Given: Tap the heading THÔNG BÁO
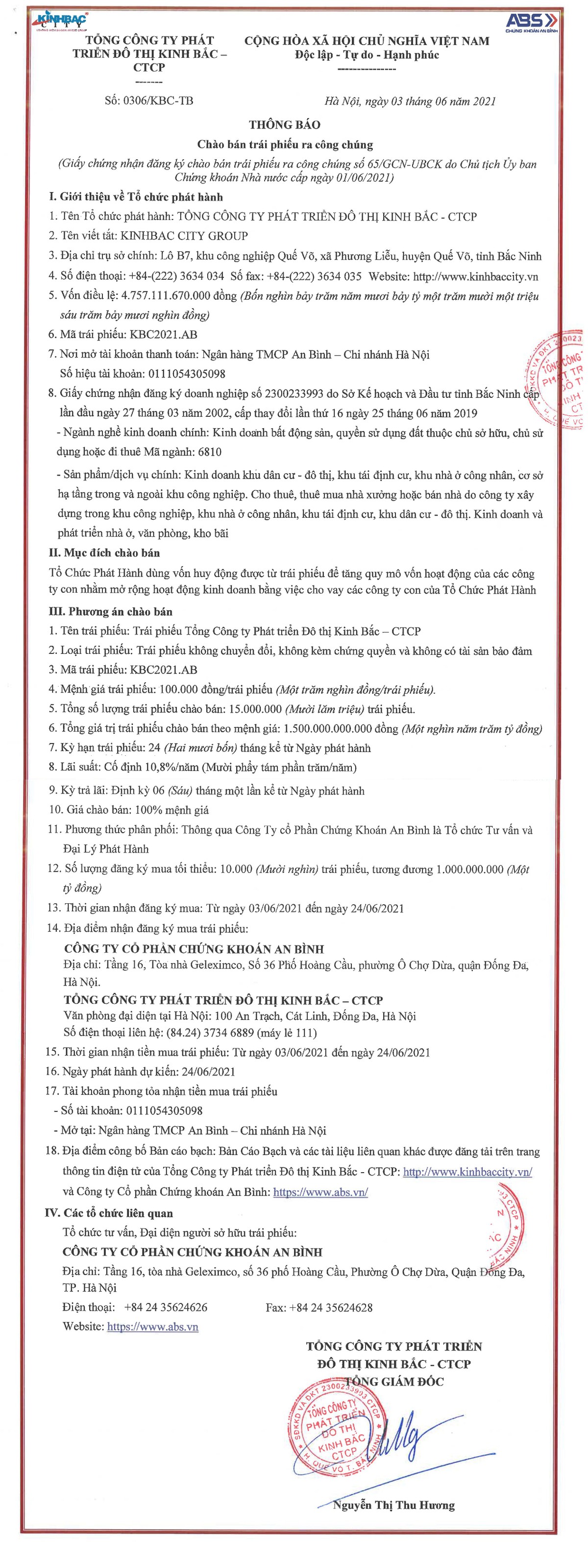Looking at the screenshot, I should click(284, 124).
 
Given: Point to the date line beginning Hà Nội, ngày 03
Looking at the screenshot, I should click(410, 101).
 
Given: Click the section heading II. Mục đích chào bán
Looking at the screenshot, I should click(104, 553).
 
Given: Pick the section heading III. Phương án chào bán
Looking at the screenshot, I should click(110, 612).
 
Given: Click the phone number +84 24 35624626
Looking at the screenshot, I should click(165, 1307).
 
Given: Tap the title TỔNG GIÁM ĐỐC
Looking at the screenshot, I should click(393, 1381).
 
